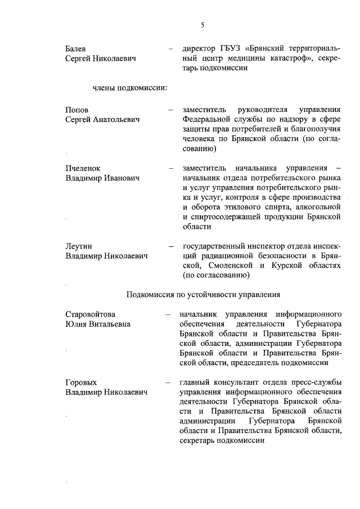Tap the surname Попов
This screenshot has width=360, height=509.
pyautogui.click(x=77, y=109)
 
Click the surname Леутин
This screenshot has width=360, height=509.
pyautogui.click(x=79, y=246)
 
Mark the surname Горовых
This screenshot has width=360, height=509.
pyautogui.click(x=81, y=382)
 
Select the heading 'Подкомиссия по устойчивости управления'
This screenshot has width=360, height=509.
pyautogui.click(x=203, y=294)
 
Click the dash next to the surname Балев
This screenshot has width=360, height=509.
pyautogui.click(x=170, y=48)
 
